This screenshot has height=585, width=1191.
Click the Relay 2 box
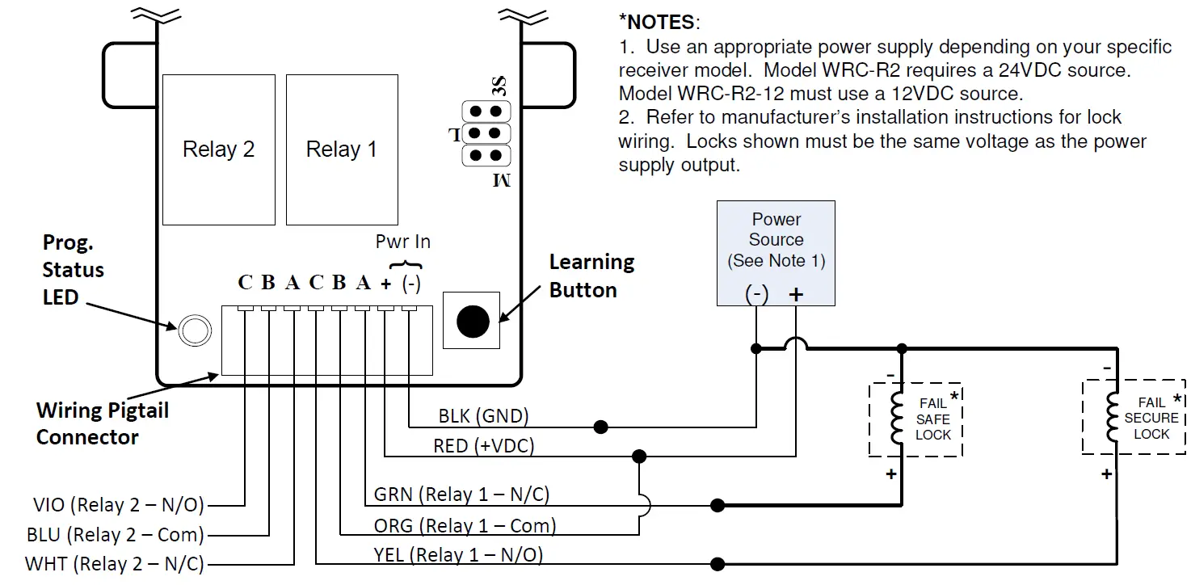(218, 149)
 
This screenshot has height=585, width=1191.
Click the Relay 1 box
(341, 149)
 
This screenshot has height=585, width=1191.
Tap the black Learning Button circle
(473, 321)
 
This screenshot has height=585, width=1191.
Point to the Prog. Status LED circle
(193, 329)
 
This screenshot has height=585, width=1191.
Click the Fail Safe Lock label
(933, 419)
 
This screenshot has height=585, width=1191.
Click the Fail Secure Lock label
(1151, 418)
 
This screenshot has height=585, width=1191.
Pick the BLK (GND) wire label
(483, 416)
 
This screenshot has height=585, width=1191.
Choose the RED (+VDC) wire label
(484, 445)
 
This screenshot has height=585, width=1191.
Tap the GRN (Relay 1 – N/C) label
(461, 494)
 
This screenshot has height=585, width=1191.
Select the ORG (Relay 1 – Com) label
(465, 526)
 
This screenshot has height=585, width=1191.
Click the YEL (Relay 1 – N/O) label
(459, 555)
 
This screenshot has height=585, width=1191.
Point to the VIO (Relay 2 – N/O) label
(115, 506)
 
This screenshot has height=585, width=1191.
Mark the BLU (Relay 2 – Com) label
(115, 534)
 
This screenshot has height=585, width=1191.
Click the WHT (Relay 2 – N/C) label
(115, 563)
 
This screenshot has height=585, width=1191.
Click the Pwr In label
(403, 242)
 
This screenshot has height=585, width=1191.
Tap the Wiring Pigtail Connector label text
(103, 423)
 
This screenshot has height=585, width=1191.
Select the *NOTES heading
(659, 22)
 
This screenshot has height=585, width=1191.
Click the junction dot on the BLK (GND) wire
(600, 427)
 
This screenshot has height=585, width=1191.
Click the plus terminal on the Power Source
(796, 295)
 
